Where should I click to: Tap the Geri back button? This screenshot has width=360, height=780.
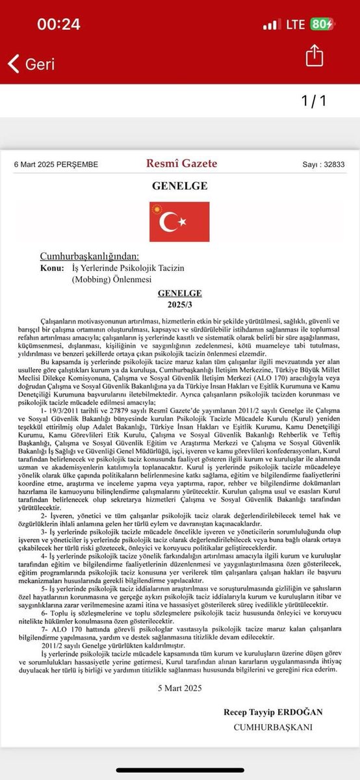pos(31,64)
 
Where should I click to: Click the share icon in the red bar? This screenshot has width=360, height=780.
pos(314,56)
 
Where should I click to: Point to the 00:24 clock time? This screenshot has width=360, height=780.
pos(58,24)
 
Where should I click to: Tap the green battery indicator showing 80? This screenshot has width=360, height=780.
pos(322,25)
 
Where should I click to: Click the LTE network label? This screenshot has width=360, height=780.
pos(295,25)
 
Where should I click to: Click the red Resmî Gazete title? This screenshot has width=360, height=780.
pos(179,164)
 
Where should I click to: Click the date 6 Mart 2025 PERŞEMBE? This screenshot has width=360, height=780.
pos(56,164)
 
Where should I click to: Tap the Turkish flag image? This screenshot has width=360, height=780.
pos(179,222)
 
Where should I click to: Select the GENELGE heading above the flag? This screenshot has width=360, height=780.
pos(179,186)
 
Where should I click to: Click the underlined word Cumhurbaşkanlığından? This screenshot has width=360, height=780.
pos(90,256)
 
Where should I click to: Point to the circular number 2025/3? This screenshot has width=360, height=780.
pos(179,304)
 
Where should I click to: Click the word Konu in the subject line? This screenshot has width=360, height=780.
pos(52,268)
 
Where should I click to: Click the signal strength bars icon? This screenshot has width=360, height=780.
pos(272,25)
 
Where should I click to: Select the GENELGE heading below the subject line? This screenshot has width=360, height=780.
pos(179,293)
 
